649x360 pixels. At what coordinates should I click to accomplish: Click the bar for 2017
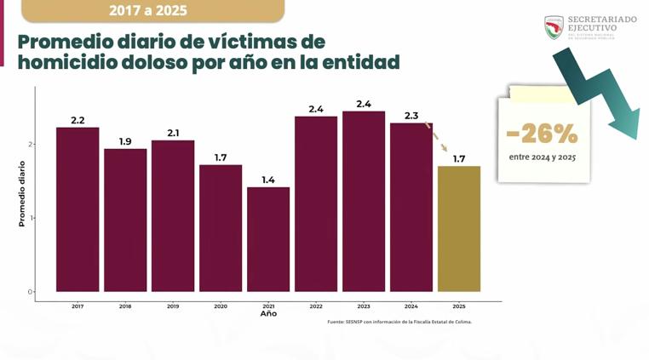click(78, 209)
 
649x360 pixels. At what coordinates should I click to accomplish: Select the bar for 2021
click(268, 239)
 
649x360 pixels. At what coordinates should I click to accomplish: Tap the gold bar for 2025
click(458, 228)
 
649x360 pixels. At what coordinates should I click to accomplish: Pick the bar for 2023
click(364, 201)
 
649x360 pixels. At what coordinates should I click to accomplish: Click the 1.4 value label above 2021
click(268, 180)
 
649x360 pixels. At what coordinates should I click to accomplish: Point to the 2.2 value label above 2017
click(78, 120)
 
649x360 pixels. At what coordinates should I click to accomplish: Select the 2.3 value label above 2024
click(411, 116)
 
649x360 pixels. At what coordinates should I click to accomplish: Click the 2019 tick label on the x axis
click(173, 306)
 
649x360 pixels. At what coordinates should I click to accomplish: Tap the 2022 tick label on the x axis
click(316, 306)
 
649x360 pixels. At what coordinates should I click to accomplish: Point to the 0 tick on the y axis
click(30, 292)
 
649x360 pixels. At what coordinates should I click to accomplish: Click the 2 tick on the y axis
click(30, 144)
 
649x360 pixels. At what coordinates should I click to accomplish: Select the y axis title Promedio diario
click(22, 193)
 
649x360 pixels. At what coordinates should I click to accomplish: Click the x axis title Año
click(268, 314)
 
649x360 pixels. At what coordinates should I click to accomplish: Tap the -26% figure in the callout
click(542, 134)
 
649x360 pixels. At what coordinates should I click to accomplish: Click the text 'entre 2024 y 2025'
click(542, 158)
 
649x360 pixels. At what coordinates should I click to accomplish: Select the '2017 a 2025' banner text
click(148, 11)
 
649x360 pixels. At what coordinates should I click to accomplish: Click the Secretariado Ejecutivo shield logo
click(554, 26)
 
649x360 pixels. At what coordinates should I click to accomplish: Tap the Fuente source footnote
click(399, 322)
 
